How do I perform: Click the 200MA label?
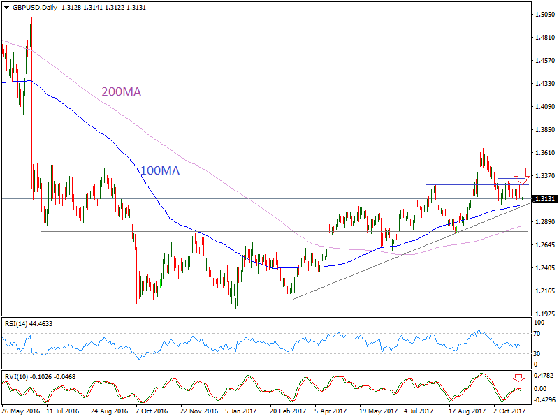(122, 91)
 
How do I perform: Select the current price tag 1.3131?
(544, 198)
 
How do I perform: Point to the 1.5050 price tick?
(544, 14)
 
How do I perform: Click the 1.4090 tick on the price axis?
(544, 107)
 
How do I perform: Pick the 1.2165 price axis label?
(544, 291)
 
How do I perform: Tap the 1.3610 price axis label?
(544, 153)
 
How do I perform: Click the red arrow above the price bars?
(521, 175)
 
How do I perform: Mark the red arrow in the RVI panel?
(517, 378)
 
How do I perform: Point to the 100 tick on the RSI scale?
(539, 323)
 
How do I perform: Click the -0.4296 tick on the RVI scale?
(544, 400)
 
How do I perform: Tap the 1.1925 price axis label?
(544, 314)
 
